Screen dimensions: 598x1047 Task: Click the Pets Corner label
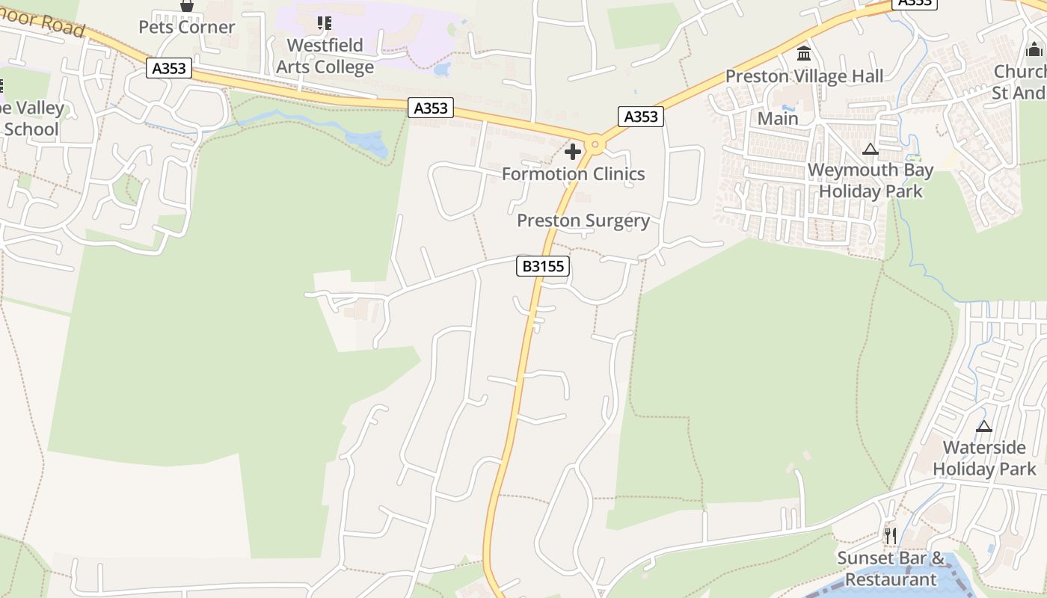click(x=187, y=28)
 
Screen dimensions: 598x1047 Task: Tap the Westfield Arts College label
click(x=325, y=56)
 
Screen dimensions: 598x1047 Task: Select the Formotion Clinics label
click(x=573, y=174)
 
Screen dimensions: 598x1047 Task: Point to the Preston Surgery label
click(x=583, y=221)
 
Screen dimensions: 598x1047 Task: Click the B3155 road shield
click(x=543, y=266)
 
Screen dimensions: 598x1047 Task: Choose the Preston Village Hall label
click(x=804, y=76)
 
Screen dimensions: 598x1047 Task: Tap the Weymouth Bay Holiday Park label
click(x=871, y=181)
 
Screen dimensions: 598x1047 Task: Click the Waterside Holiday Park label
click(x=984, y=458)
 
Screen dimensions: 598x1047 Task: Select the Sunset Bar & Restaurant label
click(x=891, y=569)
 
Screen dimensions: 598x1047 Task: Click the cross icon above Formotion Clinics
click(x=573, y=152)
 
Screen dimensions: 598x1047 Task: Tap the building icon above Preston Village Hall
click(x=804, y=53)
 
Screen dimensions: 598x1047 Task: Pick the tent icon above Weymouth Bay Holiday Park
click(x=869, y=149)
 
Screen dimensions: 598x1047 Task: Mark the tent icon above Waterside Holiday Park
click(x=984, y=426)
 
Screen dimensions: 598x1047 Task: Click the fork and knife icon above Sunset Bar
click(x=890, y=535)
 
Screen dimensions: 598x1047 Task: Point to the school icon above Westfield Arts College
click(x=324, y=23)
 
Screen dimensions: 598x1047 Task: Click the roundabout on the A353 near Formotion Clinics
click(x=595, y=144)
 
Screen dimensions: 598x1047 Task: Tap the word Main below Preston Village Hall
click(x=778, y=119)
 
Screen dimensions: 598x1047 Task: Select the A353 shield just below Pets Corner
click(x=170, y=69)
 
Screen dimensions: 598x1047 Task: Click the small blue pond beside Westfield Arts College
click(x=441, y=70)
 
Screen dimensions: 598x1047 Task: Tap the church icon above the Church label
click(x=1034, y=50)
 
